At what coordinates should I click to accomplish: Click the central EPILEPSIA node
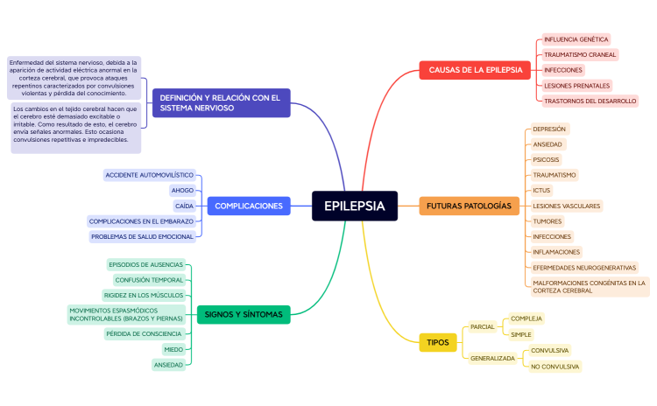click(x=354, y=206)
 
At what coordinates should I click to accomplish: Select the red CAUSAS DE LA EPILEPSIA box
click(x=470, y=70)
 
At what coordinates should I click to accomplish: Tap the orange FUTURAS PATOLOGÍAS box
click(x=468, y=206)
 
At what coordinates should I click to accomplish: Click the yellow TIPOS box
click(x=437, y=342)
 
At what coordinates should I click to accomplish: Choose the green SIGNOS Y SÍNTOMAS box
click(x=243, y=313)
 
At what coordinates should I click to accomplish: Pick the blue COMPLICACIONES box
click(x=249, y=206)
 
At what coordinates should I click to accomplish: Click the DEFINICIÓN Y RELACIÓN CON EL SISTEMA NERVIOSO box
click(x=221, y=102)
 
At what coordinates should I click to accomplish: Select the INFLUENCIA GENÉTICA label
click(x=576, y=39)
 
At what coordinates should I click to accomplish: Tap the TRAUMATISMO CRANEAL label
click(x=580, y=54)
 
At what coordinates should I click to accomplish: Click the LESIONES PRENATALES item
click(x=576, y=86)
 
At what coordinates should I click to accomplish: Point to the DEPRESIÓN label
click(x=549, y=129)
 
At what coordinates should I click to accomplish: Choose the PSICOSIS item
click(x=546, y=159)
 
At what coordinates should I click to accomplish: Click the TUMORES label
click(x=547, y=221)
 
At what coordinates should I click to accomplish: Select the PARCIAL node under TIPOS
click(x=483, y=326)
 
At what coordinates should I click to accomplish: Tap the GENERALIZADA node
click(x=492, y=358)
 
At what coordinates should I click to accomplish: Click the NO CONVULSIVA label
click(x=555, y=366)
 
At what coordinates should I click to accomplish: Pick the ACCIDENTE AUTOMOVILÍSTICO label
click(x=149, y=175)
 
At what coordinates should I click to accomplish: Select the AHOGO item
click(x=182, y=190)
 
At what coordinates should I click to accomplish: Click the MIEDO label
click(x=173, y=349)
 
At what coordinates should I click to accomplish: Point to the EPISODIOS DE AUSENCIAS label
click(x=145, y=264)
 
